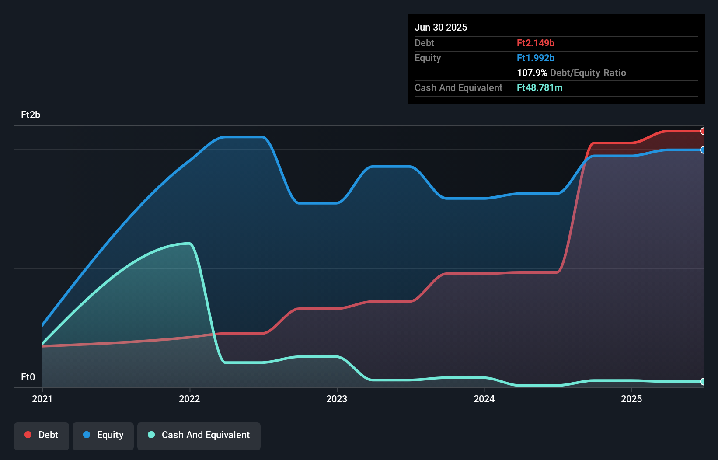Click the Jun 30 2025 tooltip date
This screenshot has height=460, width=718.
coord(440,27)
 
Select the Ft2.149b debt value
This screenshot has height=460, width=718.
coord(535,43)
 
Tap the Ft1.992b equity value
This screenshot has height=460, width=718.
coord(535,58)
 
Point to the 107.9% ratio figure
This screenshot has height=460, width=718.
coord(532,73)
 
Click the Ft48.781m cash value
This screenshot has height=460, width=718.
coord(539,87)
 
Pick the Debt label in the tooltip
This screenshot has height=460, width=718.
coord(424,43)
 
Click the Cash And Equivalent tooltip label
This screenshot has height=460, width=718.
coord(458,87)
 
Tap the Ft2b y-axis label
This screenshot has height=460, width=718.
coord(31,115)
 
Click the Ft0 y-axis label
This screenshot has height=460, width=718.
coord(28,377)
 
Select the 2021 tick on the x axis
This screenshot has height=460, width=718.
coord(42,399)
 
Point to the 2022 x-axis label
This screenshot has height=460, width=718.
coord(189,399)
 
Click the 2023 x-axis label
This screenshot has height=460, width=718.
coord(337,399)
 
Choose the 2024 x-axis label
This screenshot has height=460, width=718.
coord(484,399)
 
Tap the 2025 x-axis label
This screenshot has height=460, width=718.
coord(631,399)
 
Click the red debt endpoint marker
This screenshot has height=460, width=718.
coord(703,131)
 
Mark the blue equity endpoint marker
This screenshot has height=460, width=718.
coord(703,150)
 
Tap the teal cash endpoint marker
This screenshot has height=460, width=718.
coord(703,382)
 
